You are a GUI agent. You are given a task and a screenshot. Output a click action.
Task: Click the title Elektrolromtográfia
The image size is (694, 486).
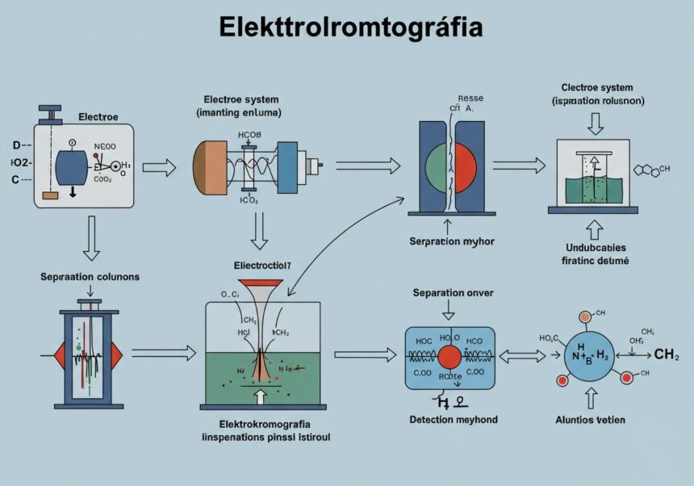350,27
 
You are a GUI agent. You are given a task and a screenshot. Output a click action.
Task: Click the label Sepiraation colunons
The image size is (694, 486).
90,277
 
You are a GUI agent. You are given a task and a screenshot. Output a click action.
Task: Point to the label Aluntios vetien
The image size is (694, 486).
591,419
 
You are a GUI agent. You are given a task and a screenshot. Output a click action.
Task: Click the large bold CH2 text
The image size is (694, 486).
666,354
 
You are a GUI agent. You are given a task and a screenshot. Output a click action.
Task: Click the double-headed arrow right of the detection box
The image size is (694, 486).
522,355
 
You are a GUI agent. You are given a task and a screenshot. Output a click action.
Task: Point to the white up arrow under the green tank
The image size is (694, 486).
259,396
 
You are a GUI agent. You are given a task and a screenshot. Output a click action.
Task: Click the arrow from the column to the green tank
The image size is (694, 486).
164,353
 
